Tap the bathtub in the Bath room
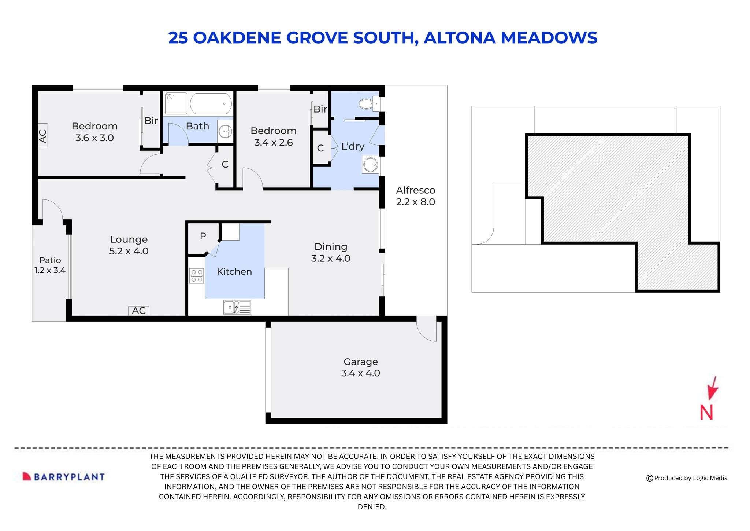pyautogui.click(x=211, y=103)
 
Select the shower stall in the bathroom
pyautogui.click(x=176, y=103)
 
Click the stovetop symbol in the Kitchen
pyautogui.click(x=196, y=275)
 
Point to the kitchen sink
pyautogui.click(x=237, y=307)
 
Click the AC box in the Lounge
pyautogui.click(x=139, y=311)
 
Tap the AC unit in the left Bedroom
pyautogui.click(x=43, y=136)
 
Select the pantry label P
pyautogui.click(x=203, y=236)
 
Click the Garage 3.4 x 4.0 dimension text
pyautogui.click(x=360, y=373)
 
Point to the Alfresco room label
pyautogui.click(x=415, y=190)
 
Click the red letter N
pyautogui.click(x=706, y=413)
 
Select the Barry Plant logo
pyautogui.click(x=64, y=476)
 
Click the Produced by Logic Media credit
pyautogui.click(x=687, y=478)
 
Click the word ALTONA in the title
pyautogui.click(x=459, y=38)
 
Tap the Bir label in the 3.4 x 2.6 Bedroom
pyautogui.click(x=320, y=109)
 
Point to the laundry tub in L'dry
pyautogui.click(x=370, y=164)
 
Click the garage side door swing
pyautogui.click(x=427, y=329)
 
